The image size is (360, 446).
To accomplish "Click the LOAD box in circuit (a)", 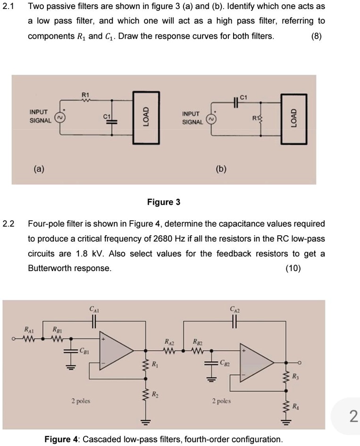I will tap(146, 116).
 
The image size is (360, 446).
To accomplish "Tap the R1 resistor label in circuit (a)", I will tap(85, 95).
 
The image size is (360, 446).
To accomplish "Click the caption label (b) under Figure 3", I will tap(220, 169).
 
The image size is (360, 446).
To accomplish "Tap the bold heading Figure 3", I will tap(163, 202).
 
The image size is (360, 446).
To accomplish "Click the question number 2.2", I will tap(8, 223).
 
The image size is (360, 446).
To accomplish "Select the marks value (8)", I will tap(317, 36).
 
